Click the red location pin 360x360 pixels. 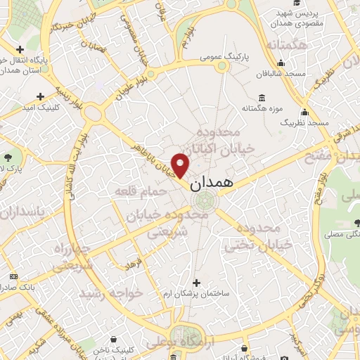coord(181,165)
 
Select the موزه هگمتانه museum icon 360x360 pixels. coord(262,97)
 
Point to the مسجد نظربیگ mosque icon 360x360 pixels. coord(304,112)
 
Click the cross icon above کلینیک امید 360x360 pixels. coord(40,96)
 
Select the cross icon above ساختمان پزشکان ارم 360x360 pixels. coord(196,282)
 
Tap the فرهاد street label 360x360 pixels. coord(133,264)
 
